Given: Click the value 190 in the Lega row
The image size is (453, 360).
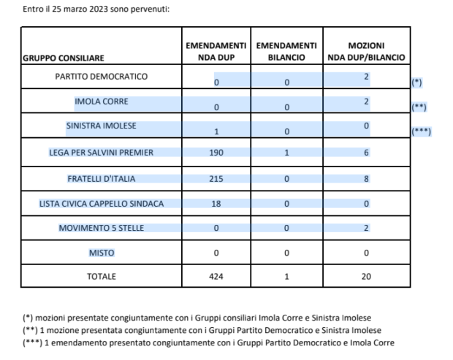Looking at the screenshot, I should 216,153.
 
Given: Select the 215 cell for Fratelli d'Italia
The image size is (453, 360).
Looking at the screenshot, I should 216,178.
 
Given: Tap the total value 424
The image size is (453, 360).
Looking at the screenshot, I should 216,277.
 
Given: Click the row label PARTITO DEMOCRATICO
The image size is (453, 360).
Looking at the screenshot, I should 102,77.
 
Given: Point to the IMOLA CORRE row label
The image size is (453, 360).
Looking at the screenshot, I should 102,102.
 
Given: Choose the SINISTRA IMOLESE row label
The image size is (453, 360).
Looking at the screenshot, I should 102,126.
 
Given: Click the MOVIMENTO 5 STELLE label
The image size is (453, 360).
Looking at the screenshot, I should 102,228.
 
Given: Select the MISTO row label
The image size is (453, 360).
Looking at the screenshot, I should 102,253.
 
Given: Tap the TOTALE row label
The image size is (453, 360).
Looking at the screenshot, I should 102,277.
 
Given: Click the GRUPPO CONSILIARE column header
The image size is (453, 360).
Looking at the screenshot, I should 63,57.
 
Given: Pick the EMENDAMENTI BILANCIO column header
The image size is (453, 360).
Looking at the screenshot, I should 286,51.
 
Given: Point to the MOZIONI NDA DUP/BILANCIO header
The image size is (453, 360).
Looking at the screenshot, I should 366,51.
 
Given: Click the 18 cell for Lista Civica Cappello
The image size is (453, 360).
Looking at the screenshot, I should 216,204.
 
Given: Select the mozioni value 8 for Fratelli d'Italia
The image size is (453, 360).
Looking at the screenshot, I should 366,178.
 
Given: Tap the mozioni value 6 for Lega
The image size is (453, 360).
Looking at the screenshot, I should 366,153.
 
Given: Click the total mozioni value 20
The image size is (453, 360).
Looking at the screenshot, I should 366,277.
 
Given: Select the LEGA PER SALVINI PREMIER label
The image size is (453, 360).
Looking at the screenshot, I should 102,153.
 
